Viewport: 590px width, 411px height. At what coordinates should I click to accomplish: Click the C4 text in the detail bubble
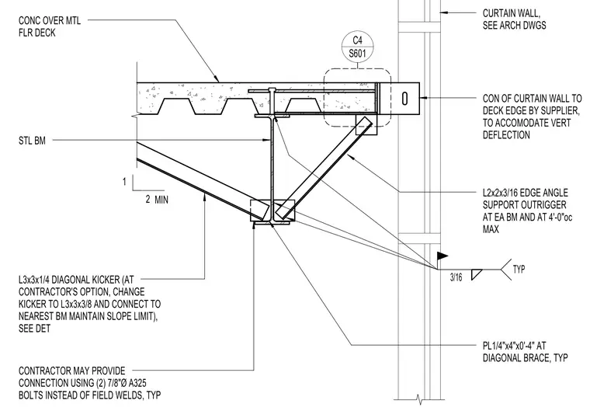point(357,40)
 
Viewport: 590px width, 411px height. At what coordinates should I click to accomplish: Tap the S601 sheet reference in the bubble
point(357,53)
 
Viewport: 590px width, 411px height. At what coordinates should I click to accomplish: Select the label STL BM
point(32,141)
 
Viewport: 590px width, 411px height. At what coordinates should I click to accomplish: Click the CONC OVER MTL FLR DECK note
point(50,26)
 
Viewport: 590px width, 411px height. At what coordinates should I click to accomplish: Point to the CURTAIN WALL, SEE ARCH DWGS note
point(515,19)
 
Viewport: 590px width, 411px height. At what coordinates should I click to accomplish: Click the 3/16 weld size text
point(456,277)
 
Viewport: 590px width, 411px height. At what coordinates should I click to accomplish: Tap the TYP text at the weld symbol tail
point(519,270)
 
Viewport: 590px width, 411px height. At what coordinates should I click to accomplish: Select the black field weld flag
point(442,256)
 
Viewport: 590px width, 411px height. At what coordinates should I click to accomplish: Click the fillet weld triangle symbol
point(477,274)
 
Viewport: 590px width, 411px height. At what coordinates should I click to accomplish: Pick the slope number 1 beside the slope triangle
point(124,182)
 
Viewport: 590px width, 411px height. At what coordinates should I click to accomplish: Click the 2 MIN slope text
point(157,199)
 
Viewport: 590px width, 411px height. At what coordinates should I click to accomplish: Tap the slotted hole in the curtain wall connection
point(404,99)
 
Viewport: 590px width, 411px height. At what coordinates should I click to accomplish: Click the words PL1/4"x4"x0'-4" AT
point(515,346)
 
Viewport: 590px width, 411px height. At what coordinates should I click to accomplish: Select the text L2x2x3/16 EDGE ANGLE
point(526,193)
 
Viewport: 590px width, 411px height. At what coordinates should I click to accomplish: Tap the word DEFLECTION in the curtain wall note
point(506,135)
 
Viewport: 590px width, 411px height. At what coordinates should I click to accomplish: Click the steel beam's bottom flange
point(272,223)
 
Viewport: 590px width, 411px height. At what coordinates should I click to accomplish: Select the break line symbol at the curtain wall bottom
point(418,398)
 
